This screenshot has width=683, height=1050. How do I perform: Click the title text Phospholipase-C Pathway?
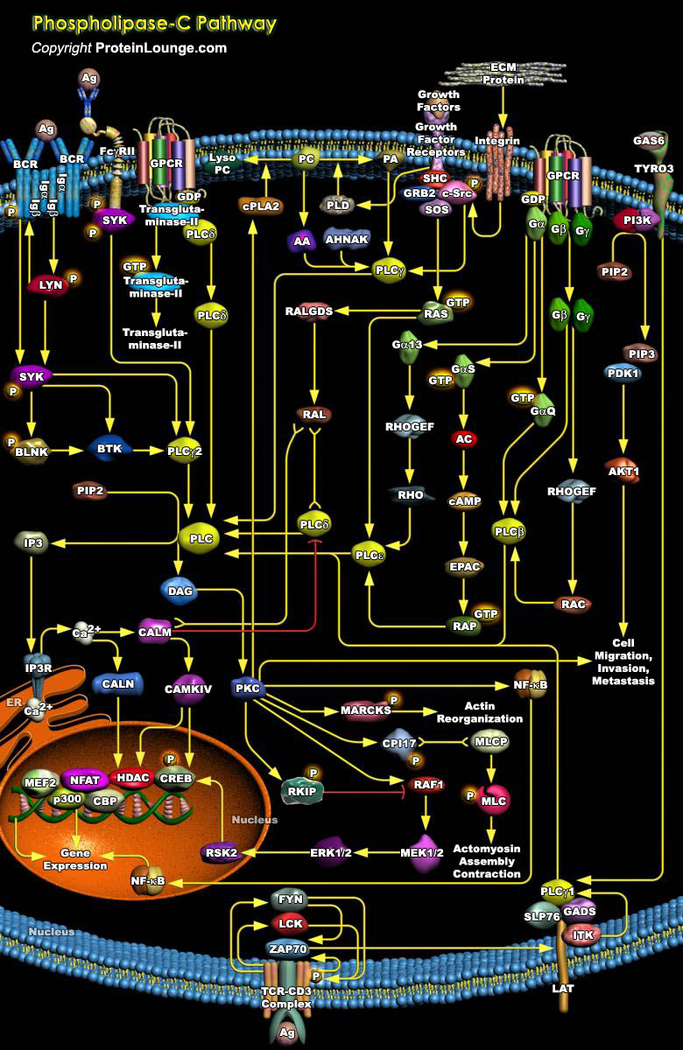(153, 24)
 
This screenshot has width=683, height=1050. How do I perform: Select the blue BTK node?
(109, 449)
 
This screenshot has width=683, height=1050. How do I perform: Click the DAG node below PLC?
(181, 591)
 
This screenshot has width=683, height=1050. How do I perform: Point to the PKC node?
(246, 688)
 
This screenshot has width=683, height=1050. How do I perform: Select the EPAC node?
(464, 567)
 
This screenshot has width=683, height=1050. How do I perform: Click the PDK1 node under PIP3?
(623, 374)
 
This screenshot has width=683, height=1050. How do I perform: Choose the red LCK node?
(290, 923)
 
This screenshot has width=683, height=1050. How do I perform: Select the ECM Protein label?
(503, 73)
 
